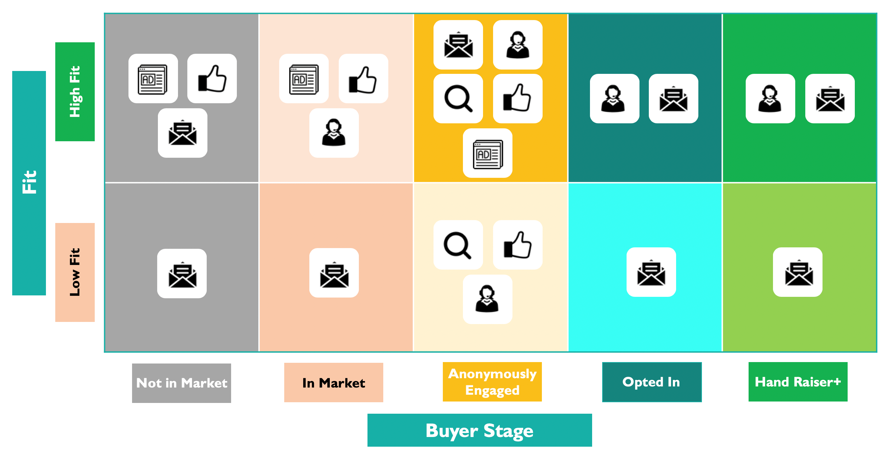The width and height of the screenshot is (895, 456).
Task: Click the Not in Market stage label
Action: coord(182,383)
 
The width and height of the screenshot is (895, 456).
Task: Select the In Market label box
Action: coord(334,383)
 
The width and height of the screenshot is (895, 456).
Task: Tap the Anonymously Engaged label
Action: coord(492,382)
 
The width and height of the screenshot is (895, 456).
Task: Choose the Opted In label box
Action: coord(652,382)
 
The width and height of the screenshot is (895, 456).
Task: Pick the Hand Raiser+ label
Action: coord(798,382)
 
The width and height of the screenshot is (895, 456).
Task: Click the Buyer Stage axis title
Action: coord(480,430)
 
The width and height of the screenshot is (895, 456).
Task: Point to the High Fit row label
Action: coord(75,92)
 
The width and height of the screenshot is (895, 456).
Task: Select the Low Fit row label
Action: coord(75,272)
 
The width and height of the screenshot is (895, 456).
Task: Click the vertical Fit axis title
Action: coord(29,183)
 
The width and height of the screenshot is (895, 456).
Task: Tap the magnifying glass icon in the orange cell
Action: coord(458,99)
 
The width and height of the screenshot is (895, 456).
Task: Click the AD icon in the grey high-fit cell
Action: coord(153,79)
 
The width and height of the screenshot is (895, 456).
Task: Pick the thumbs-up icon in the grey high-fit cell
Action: coord(212,79)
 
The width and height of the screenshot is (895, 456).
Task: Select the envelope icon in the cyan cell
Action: coord(651,272)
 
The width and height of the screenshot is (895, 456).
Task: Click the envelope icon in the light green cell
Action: coord(798,272)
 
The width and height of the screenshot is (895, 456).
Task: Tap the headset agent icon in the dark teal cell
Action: coord(615,99)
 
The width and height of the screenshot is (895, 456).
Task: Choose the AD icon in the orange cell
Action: coord(488,153)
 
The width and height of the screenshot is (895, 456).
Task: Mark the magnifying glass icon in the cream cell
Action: coord(458,245)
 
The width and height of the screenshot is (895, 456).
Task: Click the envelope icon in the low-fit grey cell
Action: coord(182,274)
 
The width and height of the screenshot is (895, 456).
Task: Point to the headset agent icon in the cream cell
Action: coord(488,299)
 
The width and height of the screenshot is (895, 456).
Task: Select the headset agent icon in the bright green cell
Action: coord(770,99)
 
